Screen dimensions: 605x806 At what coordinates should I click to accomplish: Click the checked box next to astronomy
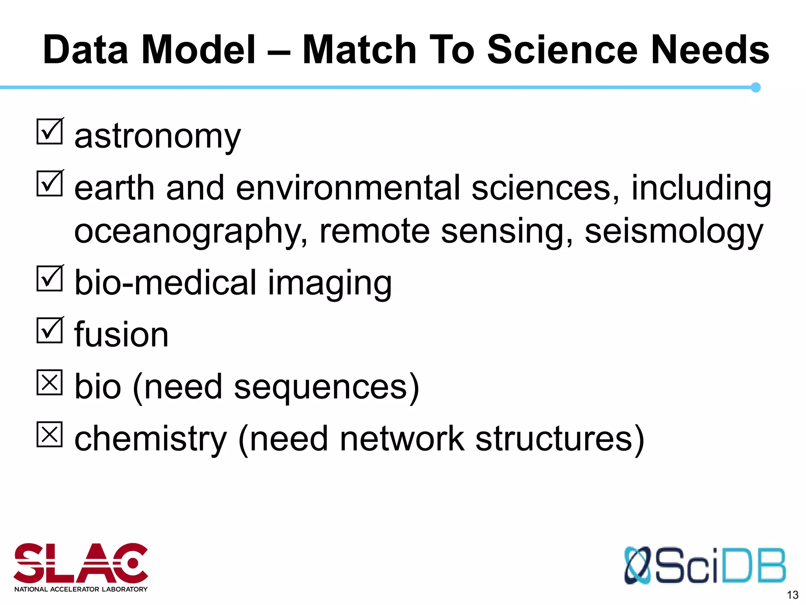point(50,132)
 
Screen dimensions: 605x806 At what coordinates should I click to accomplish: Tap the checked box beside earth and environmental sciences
point(50,184)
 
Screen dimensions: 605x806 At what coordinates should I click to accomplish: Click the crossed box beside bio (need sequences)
point(50,382)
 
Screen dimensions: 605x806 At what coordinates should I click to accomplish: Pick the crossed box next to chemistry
point(50,434)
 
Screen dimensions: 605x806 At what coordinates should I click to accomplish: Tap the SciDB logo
point(704,565)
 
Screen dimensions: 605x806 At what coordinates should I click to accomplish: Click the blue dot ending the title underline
point(755,87)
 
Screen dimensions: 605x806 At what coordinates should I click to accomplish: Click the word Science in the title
point(562,50)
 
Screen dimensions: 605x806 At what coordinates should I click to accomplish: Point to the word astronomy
point(157,137)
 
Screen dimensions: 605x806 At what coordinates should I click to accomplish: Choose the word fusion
point(122,335)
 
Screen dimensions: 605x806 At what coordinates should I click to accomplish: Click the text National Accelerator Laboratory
point(81,589)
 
